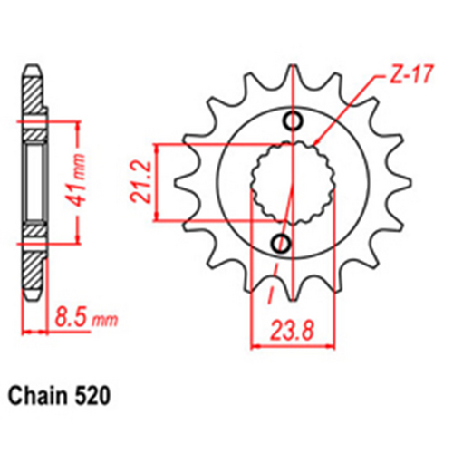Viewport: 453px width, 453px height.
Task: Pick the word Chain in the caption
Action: pyautogui.click(x=42, y=396)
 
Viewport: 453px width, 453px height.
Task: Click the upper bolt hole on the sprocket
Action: pyautogui.click(x=293, y=122)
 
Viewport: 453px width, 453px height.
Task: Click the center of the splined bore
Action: pyautogui.click(x=289, y=182)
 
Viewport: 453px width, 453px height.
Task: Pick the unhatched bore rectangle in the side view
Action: pyautogui.click(x=34, y=181)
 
